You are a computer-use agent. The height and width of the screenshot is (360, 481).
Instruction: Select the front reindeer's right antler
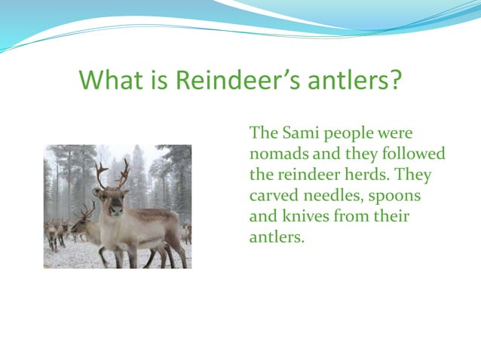123,173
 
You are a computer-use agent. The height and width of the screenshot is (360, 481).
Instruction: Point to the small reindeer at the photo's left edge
52,233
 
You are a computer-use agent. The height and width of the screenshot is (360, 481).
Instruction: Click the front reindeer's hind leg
174,249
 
